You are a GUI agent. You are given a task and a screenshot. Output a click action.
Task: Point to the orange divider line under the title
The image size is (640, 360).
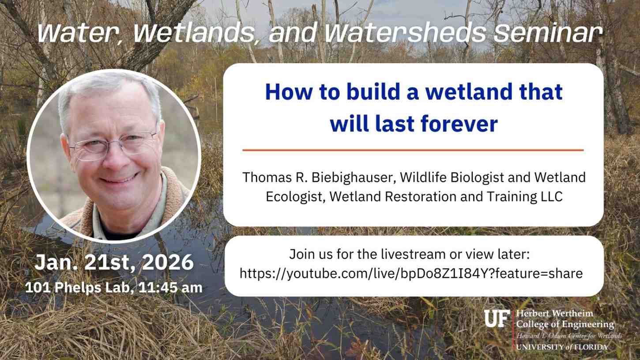pyautogui.click(x=413, y=150)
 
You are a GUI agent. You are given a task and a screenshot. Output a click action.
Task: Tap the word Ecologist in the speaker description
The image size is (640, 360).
pyautogui.click(x=292, y=197)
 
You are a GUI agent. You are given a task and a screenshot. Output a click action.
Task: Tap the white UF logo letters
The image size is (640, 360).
pyautogui.click(x=497, y=318)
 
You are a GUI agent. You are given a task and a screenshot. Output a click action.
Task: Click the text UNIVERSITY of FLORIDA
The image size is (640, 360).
pyautogui.click(x=561, y=347)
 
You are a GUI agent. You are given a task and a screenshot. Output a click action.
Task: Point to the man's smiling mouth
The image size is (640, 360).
pyautogui.click(x=119, y=179)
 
